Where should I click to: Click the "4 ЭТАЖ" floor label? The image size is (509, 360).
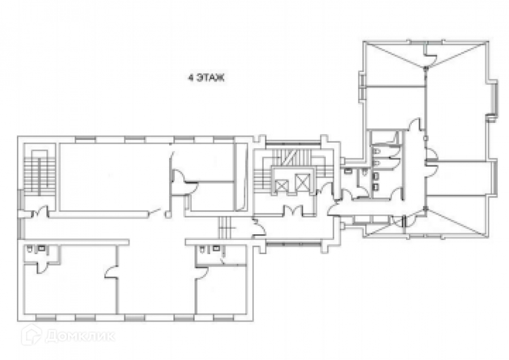tap(206, 78)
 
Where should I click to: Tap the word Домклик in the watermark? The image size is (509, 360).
tap(80, 337)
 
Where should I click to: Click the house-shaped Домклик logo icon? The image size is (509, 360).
tap(31, 335)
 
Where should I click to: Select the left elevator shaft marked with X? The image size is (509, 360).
tap(280, 186)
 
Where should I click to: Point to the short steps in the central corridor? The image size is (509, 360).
tap(225, 228)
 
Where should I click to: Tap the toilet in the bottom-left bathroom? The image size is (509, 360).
tap(30, 249)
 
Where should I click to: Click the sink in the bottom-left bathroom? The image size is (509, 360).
tap(41, 248)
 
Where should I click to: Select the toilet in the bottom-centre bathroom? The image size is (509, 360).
tap(202, 249)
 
